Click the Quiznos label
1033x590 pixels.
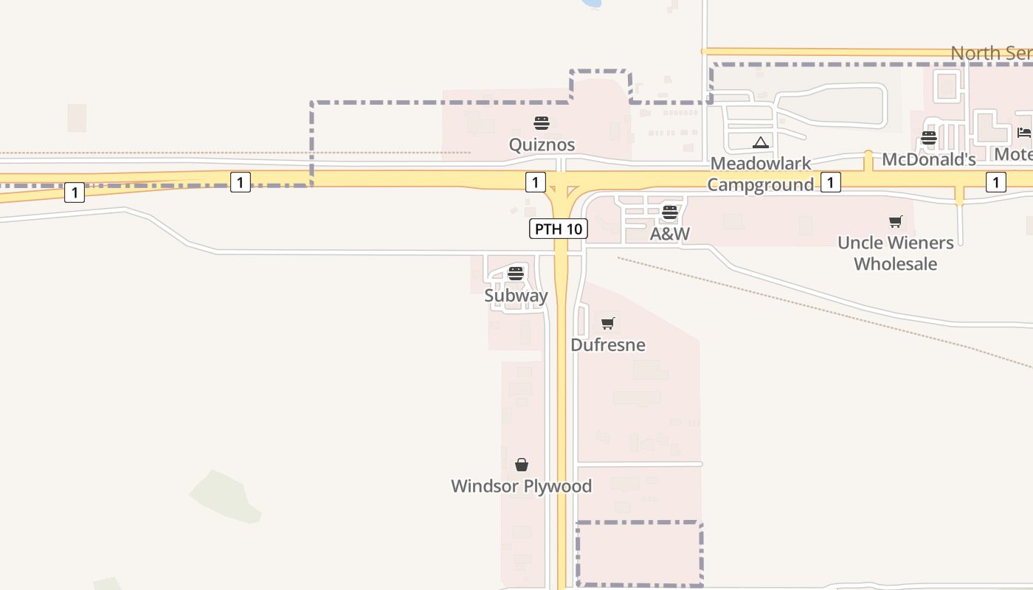point(542,145)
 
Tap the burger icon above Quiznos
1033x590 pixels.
point(542,122)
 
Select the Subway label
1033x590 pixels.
point(516,296)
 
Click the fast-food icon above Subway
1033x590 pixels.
point(516,274)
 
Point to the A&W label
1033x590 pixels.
point(669,235)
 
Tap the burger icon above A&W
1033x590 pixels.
point(669,212)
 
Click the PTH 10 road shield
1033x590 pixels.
point(558,229)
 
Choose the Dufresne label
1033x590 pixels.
point(608,345)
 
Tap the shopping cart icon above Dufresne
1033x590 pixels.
point(608,323)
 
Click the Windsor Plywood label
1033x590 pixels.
point(521,486)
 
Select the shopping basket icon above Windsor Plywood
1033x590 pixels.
point(522,464)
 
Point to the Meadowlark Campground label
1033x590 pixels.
point(761,174)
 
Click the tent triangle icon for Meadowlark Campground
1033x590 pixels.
point(761,142)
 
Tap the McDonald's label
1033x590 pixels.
point(928,159)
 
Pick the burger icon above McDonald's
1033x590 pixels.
point(928,138)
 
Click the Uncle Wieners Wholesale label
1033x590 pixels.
point(895,253)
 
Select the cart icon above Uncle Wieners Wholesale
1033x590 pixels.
point(896,221)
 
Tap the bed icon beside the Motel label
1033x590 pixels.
point(1023,133)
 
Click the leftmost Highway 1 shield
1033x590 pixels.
point(74,192)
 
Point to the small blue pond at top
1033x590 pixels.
point(591,3)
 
